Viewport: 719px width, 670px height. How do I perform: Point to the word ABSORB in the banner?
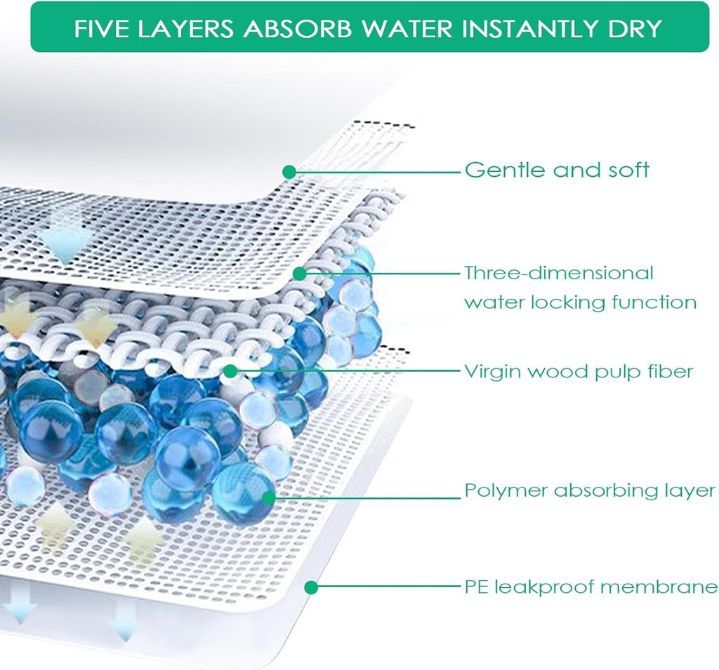(298, 28)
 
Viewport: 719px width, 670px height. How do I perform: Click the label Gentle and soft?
(557, 170)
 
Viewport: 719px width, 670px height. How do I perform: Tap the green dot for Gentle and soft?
(289, 172)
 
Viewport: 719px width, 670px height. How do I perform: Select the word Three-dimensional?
(559, 273)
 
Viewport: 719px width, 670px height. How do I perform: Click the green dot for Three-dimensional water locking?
(299, 274)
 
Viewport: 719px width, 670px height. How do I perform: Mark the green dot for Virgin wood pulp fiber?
(230, 371)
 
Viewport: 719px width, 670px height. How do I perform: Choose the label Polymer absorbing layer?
(590, 491)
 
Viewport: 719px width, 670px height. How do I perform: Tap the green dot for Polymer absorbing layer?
(269, 497)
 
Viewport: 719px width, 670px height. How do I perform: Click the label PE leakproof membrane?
(591, 587)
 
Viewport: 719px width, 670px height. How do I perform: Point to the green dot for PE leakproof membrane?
(311, 587)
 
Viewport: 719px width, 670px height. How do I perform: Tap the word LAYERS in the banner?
(187, 28)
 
